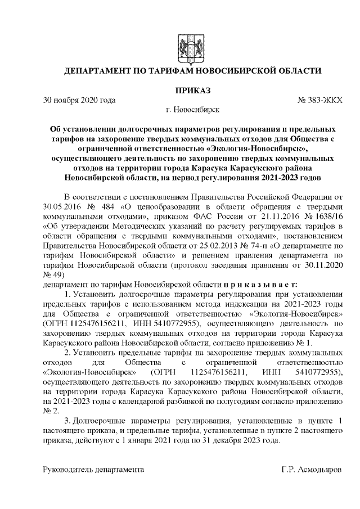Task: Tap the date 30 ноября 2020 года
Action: coord(80,100)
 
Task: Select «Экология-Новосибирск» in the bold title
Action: coord(258,148)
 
